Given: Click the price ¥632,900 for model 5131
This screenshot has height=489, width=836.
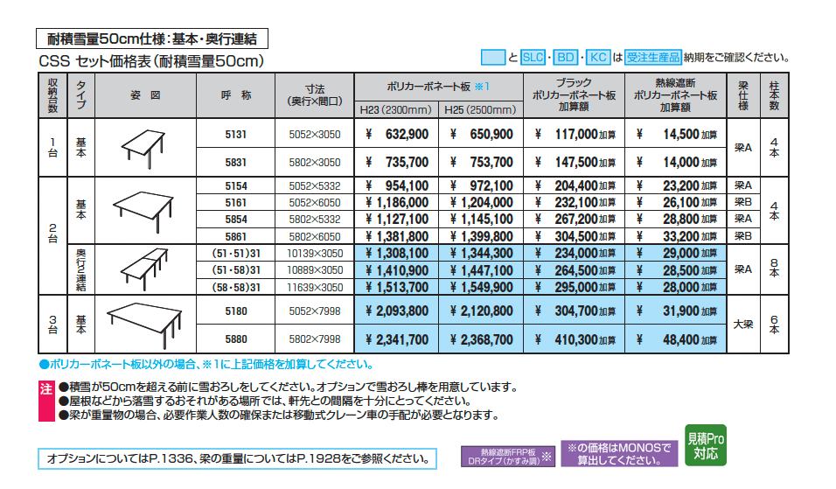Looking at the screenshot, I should click(x=396, y=135).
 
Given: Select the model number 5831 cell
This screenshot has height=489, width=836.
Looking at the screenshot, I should click(x=236, y=163).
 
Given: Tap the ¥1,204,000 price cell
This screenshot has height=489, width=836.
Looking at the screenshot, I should click(x=481, y=202).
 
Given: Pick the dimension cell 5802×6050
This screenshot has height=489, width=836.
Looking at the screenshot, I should click(x=315, y=236).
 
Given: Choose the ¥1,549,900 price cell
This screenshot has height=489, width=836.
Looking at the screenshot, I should click(x=481, y=287).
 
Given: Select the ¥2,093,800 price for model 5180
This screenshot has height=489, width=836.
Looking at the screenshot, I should click(x=396, y=311).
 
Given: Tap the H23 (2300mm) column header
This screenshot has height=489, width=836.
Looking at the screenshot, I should click(x=396, y=110).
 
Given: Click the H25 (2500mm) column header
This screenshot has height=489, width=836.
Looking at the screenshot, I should click(x=481, y=110).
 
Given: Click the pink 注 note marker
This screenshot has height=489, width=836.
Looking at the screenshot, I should click(x=46, y=388).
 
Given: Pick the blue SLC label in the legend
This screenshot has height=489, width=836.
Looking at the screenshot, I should click(x=533, y=57).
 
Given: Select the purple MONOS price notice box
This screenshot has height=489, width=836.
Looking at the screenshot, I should click(x=620, y=453).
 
